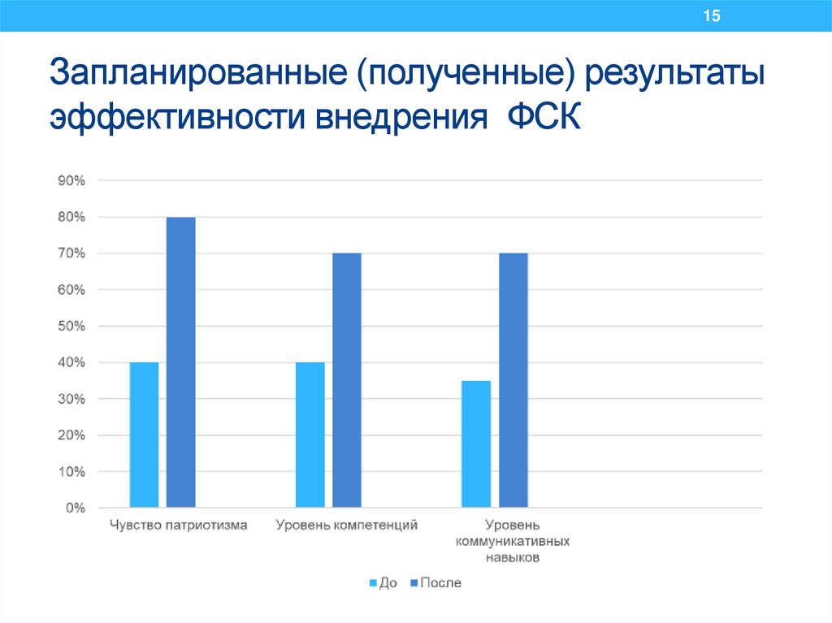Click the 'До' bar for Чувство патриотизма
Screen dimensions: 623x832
144,435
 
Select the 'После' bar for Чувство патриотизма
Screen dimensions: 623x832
180,362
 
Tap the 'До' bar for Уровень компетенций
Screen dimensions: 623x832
310,435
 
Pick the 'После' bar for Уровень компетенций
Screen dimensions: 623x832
346,380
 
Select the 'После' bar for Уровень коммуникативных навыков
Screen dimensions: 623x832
513,380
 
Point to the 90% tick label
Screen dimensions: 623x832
71,181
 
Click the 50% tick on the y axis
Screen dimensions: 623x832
71,327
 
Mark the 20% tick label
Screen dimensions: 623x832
71,435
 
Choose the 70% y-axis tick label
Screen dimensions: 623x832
71,253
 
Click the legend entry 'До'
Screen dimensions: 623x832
383,583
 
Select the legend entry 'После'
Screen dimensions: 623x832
435,583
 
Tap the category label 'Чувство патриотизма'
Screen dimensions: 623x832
179,526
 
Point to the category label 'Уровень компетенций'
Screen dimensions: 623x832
346,526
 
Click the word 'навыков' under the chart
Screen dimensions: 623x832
513,558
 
